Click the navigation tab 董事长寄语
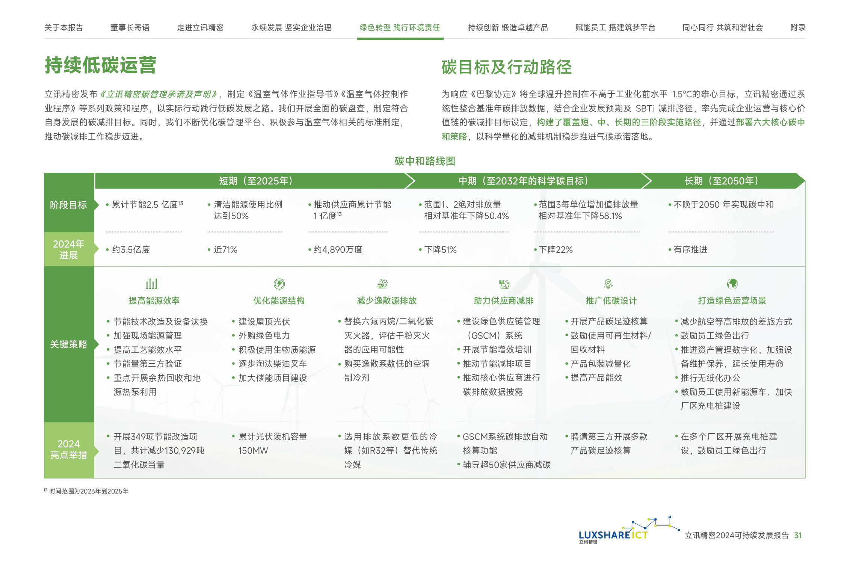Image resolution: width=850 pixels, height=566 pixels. click(130, 27)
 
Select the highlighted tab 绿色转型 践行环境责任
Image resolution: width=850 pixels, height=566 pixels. click(400, 27)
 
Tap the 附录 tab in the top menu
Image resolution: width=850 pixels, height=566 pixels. click(798, 27)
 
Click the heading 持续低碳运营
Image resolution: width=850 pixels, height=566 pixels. click(100, 65)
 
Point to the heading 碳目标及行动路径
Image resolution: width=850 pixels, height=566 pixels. click(506, 67)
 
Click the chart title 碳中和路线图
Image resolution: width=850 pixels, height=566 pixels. click(425, 161)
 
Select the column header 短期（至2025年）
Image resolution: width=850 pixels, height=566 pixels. click(255, 181)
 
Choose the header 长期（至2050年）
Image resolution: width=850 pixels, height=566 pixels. click(721, 181)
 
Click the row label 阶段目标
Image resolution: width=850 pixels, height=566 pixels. click(68, 205)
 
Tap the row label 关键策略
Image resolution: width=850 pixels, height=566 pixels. click(68, 344)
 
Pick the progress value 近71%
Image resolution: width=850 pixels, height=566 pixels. click(225, 250)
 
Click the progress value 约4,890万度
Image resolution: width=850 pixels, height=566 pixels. click(338, 250)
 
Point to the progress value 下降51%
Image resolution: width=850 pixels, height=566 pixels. click(440, 250)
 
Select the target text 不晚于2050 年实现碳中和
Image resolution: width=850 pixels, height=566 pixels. click(723, 205)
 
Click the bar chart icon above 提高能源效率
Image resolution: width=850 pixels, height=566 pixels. click(151, 284)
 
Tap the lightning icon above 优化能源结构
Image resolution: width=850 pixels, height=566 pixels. click(279, 284)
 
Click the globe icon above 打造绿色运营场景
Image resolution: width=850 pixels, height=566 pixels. click(732, 284)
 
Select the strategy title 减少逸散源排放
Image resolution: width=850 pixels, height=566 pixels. click(387, 300)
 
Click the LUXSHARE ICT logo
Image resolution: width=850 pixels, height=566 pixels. click(613, 534)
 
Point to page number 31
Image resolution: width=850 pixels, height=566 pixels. click(798, 535)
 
